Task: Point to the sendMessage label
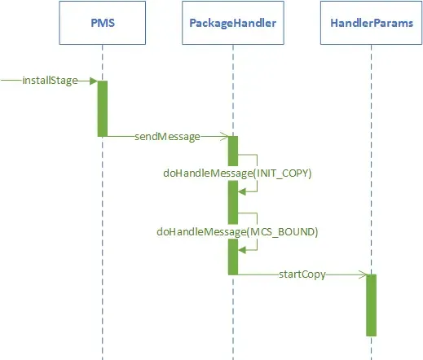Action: click(x=167, y=137)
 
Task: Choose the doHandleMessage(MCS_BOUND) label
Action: click(x=237, y=232)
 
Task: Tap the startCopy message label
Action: click(x=302, y=274)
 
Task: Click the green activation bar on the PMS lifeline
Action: click(x=103, y=108)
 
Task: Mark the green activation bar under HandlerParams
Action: click(x=371, y=305)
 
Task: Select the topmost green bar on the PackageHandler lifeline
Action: click(x=232, y=150)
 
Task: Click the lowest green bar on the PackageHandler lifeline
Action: click(x=232, y=257)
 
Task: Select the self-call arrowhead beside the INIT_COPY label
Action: click(x=242, y=191)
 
